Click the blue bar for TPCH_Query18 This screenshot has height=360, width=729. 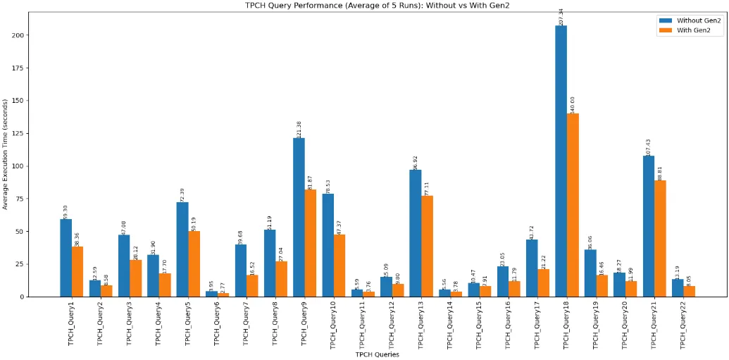(561, 161)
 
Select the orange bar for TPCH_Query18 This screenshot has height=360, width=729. (573, 205)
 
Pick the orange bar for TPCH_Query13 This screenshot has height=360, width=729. (427, 246)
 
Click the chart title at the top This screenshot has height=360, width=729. (376, 5)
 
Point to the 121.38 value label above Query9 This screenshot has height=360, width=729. (299, 128)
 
